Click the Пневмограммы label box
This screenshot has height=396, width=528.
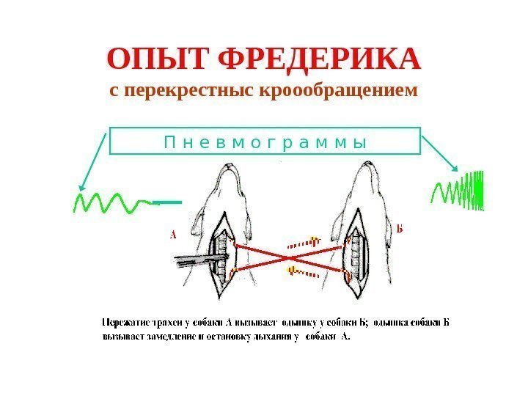[265, 141]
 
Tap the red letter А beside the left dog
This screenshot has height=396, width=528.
[174, 235]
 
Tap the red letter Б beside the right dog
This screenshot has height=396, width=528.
[400, 228]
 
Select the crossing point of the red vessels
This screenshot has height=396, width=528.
[292, 258]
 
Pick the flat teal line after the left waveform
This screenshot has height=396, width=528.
[168, 202]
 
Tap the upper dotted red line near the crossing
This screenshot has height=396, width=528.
[304, 242]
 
